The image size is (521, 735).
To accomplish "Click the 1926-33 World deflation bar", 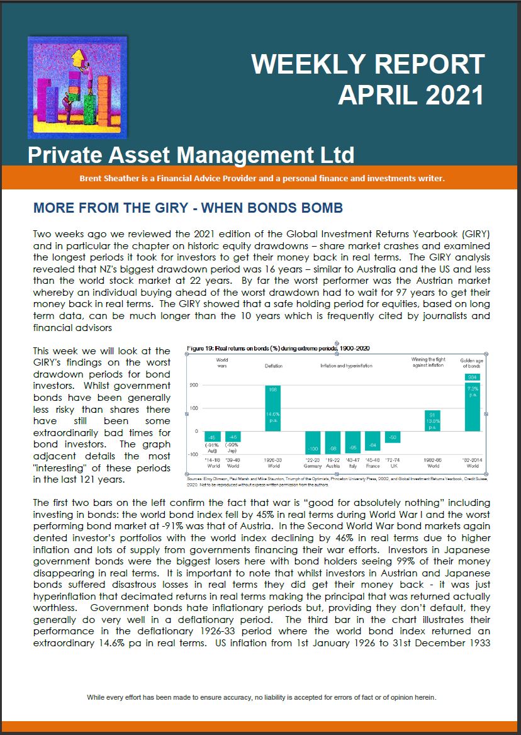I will [x=274, y=408].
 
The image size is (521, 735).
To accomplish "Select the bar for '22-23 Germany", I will [x=313, y=443].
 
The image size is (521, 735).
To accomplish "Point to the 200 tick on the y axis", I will [x=194, y=384].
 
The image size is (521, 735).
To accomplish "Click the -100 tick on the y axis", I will [x=193, y=454].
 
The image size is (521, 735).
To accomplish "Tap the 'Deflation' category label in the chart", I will [x=274, y=365].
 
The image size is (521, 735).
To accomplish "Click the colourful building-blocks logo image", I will [x=69, y=87].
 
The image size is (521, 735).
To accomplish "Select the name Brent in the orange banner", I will [x=92, y=178].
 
